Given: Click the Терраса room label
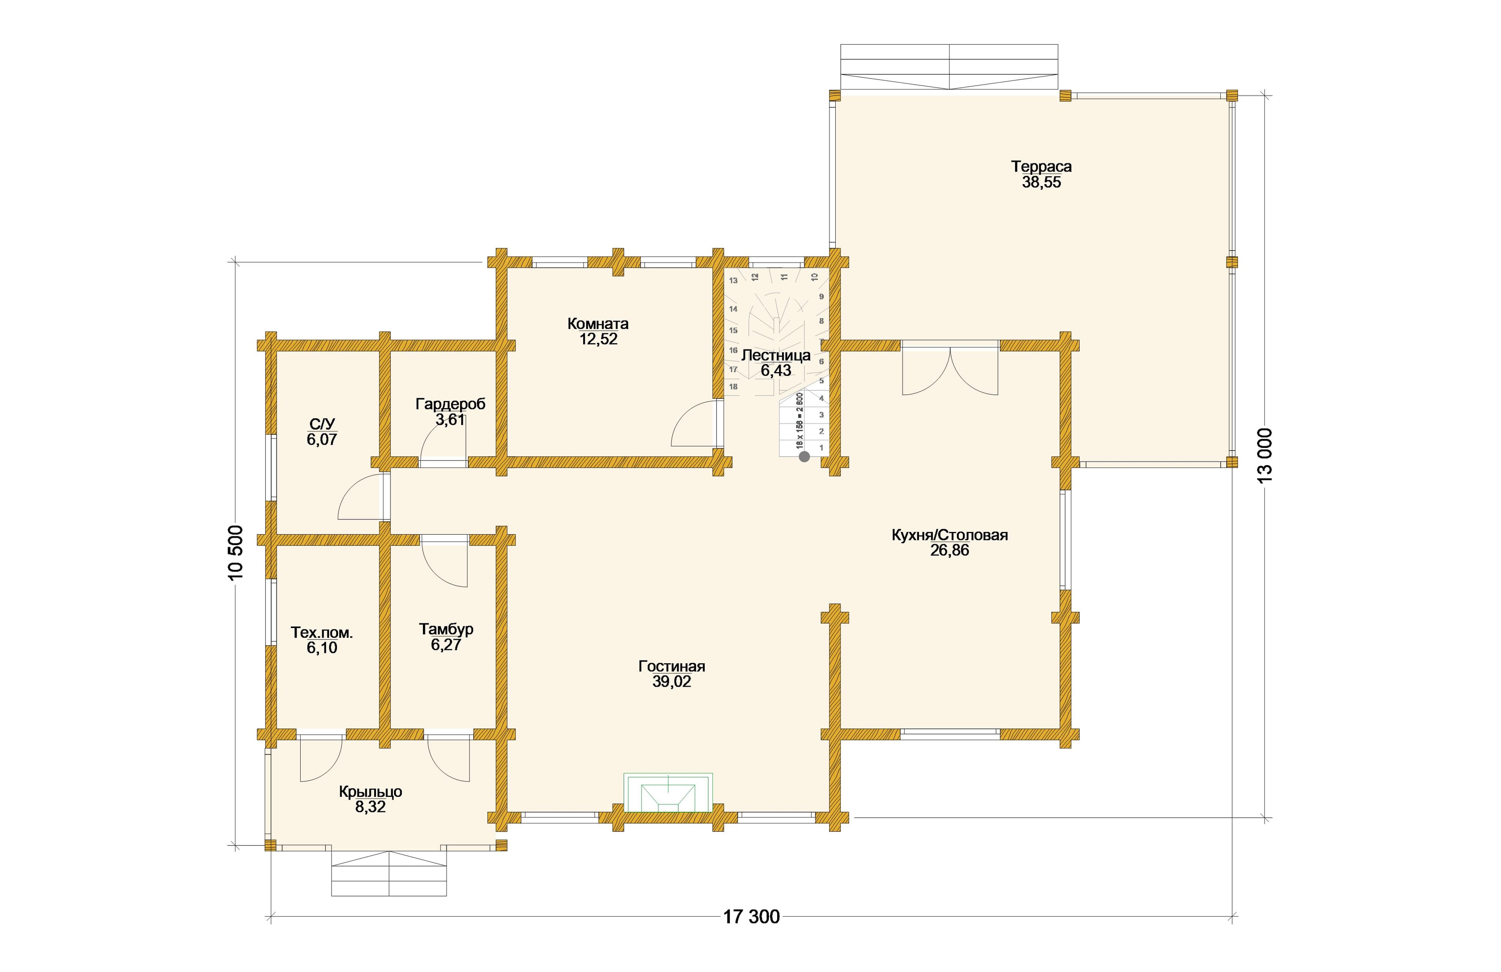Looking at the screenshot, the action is point(1041,166).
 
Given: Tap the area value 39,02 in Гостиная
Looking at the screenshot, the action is point(672,682).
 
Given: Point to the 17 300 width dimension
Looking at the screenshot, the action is point(751,917).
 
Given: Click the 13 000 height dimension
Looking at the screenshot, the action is point(1265,455).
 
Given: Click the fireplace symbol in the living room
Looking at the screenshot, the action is point(668,792).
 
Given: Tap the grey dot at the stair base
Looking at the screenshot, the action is point(804,456).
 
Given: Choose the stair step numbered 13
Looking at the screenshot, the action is point(733,281).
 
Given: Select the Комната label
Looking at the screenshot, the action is point(598,324).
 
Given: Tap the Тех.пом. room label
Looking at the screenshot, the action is point(322,632).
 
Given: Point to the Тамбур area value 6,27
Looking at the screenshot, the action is point(446,644).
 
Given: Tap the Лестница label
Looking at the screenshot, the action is point(776,355).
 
